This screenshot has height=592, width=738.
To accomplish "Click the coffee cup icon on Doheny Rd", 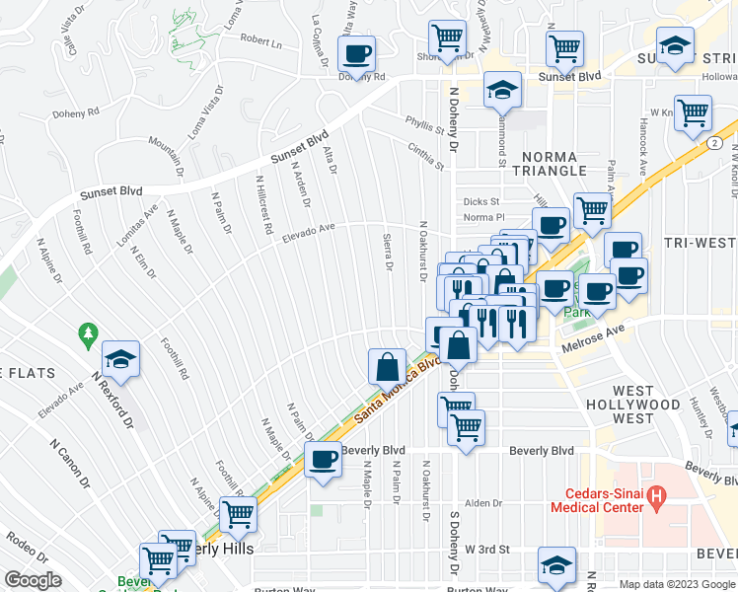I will [x=356, y=52].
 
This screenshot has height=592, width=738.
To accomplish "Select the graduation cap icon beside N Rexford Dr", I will [x=120, y=359].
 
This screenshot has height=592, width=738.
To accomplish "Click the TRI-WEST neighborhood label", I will [x=701, y=244].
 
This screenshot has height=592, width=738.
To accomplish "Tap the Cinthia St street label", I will [x=425, y=155].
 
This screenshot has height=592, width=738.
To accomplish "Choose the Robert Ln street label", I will [x=260, y=44].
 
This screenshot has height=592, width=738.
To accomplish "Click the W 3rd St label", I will [x=487, y=548].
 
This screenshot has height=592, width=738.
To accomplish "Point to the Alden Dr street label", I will [x=484, y=503].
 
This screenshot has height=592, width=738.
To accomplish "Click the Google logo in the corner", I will [x=33, y=580].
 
